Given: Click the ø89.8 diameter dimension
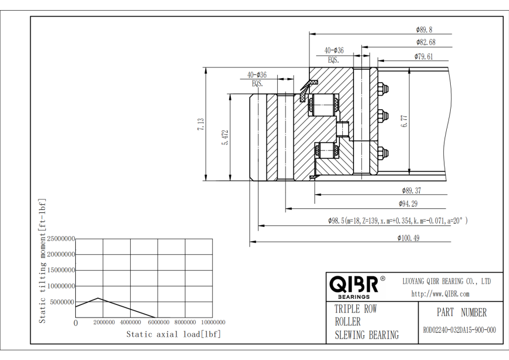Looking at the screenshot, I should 424,29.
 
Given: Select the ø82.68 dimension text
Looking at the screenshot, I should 425,42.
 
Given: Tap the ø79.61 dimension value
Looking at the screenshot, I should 424,56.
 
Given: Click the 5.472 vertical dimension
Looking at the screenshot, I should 225,138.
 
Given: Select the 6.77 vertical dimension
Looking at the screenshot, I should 404,122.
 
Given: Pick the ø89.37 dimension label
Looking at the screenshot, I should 411,190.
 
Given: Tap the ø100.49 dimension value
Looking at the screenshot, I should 408,238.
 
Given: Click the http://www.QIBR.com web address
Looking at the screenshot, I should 440,294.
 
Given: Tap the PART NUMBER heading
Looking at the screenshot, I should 461,312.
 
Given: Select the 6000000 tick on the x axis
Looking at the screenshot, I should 157,322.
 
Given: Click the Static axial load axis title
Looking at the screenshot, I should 173,334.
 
